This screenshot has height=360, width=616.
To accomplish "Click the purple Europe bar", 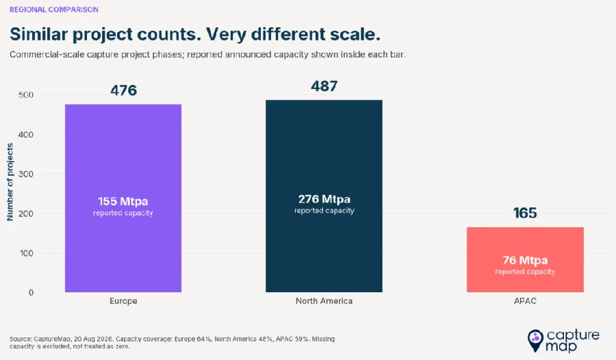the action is point(123,198).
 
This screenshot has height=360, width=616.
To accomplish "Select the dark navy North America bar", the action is point(324,196).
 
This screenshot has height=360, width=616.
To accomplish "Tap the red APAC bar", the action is point(525,260).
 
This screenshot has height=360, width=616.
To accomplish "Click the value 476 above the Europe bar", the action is point(123,90).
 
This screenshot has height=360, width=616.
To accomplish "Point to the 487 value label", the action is point(324,86).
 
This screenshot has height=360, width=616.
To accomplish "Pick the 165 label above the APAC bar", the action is point(525,213).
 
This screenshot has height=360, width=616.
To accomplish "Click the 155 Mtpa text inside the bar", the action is point(123,201).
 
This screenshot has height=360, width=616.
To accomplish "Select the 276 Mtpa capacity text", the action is point(324,199).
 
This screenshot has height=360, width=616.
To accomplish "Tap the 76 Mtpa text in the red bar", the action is point(525,260).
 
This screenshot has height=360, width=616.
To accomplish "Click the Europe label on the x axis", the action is point(123,301).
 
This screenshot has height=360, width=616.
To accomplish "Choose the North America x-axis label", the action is point(324,301).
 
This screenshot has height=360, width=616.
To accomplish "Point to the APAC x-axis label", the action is point(525,301).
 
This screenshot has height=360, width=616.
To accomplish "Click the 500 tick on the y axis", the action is point(26,94).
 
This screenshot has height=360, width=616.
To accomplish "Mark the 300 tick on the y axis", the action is point(26,174).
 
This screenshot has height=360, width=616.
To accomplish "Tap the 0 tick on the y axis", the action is point(31,292).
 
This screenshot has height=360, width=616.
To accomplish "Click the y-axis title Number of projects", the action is point(10,182).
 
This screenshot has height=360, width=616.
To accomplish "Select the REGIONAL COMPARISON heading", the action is point(54,10).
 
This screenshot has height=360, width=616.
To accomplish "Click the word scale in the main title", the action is point(355,34).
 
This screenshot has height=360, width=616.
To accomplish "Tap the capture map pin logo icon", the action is point(535,340).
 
